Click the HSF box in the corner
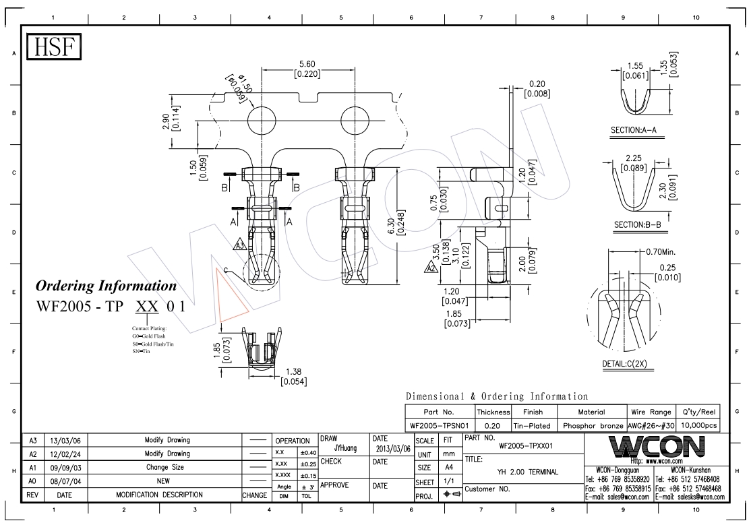tap(54, 47)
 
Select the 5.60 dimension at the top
tap(307, 63)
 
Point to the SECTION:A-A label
tap(633, 129)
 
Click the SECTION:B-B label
tap(638, 224)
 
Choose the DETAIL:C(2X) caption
tap(624, 364)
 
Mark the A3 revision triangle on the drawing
tap(240, 245)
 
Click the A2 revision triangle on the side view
tap(431, 267)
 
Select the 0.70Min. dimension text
tap(661, 252)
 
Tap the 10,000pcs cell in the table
tap(699, 425)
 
